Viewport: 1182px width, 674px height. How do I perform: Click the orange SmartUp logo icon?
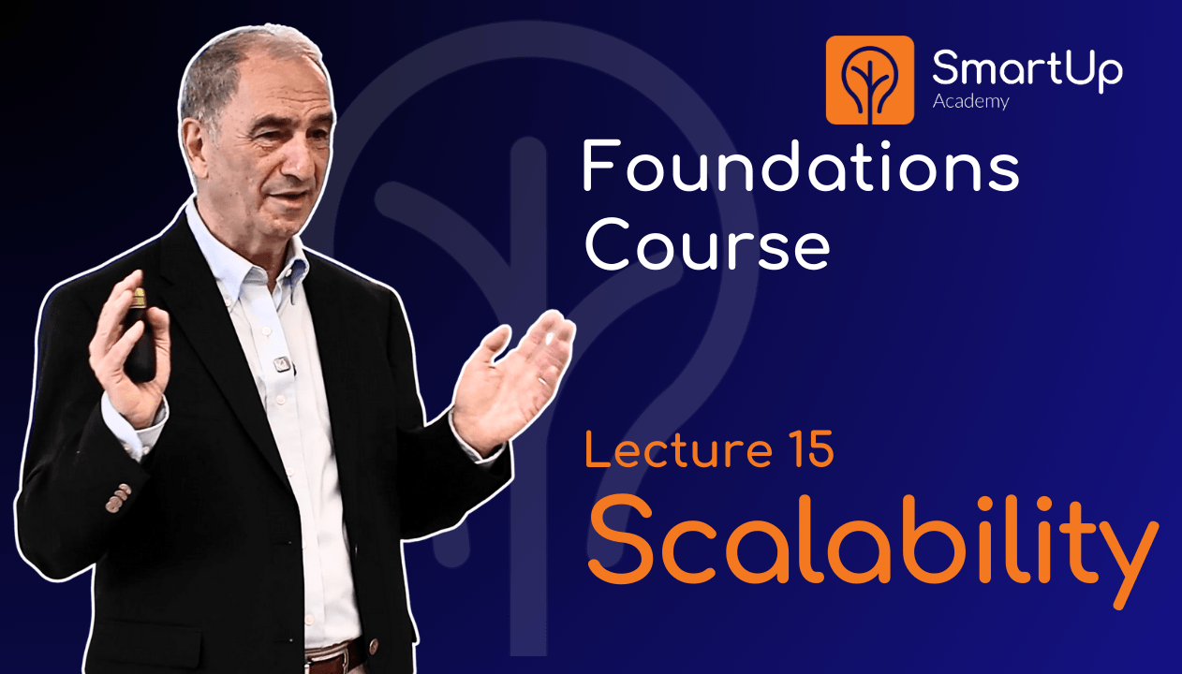pyautogui.click(x=869, y=80)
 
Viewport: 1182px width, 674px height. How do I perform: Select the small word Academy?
pyautogui.click(x=970, y=101)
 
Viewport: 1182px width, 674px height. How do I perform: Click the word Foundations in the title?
pyautogui.click(x=801, y=168)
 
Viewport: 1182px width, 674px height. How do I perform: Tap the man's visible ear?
pyautogui.click(x=193, y=141)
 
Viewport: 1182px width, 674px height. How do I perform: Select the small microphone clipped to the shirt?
pyautogui.click(x=279, y=363)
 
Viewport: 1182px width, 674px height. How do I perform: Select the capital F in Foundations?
pyautogui.click(x=599, y=168)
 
